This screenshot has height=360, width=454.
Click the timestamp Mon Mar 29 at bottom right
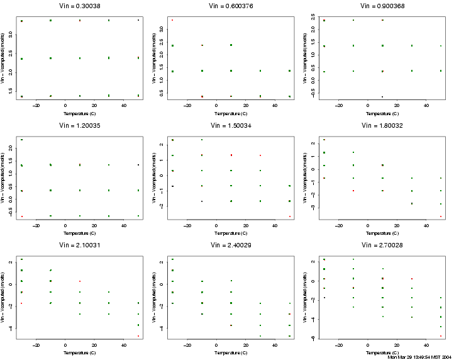[x=420, y=356]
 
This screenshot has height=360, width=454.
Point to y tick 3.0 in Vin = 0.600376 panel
[x=161, y=28]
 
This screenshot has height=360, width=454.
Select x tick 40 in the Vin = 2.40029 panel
[x=275, y=345]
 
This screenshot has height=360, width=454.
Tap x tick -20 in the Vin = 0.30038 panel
[x=36, y=106]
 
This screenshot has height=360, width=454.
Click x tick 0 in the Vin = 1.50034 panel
[x=216, y=225]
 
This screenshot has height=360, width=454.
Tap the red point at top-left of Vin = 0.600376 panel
[x=172, y=20]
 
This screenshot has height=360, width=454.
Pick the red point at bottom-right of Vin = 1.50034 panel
[x=289, y=217]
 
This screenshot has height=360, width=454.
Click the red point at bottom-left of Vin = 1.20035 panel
[x=21, y=217]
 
